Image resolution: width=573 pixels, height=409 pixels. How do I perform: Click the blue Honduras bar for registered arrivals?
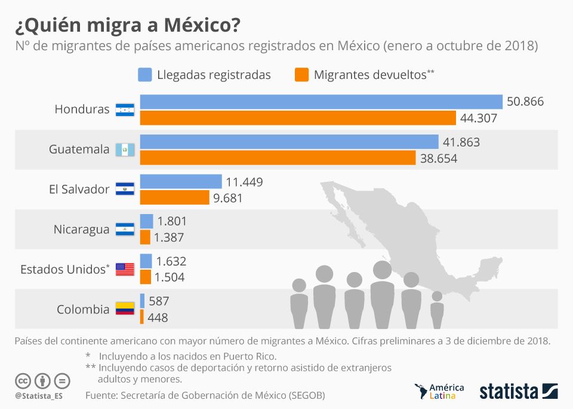pyautogui.click(x=321, y=102)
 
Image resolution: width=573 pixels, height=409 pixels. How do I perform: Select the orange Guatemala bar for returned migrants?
pyautogui.click(x=278, y=158)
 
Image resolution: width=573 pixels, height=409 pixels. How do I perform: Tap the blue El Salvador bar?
pyautogui.click(x=181, y=181)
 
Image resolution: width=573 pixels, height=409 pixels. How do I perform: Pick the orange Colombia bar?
pyautogui.click(x=142, y=317)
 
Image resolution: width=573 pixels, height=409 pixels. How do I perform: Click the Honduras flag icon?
pyautogui.click(x=125, y=109)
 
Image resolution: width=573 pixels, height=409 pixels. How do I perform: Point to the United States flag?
pyautogui.click(x=125, y=269)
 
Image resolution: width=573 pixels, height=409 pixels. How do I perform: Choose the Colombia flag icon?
pyautogui.click(x=125, y=309)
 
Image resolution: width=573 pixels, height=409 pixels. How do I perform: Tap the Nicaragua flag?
pyautogui.click(x=125, y=229)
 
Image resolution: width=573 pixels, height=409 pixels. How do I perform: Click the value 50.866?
pyautogui.click(x=525, y=102)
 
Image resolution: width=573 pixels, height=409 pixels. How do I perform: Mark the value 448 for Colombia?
pyautogui.click(x=158, y=318)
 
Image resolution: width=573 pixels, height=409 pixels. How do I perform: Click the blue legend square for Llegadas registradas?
pyautogui.click(x=144, y=75)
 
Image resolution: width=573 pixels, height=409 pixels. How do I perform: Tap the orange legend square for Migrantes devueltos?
pyautogui.click(x=302, y=75)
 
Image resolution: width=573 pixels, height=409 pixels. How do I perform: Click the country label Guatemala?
pyautogui.click(x=79, y=149)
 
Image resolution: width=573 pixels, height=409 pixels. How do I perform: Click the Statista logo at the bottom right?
pyautogui.click(x=518, y=392)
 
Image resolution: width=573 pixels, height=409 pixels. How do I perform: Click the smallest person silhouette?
pyautogui.click(x=437, y=309)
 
